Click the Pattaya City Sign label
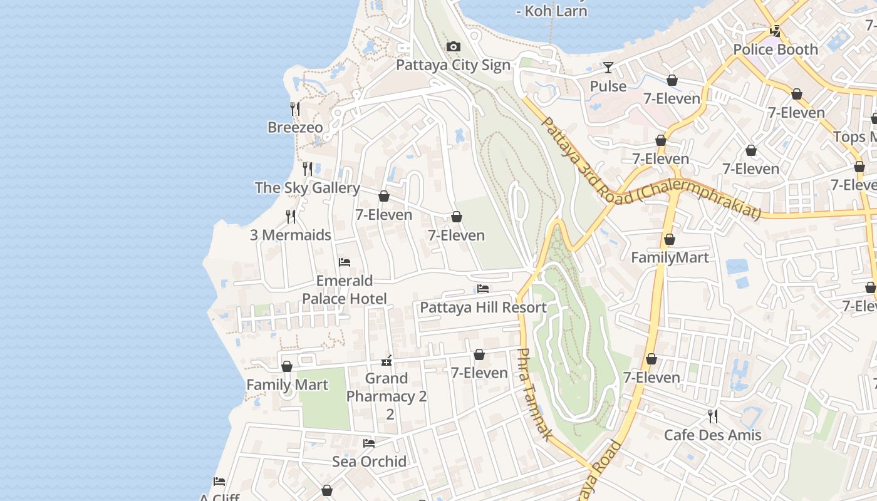(x=453, y=65)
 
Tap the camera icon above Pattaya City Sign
(x=453, y=47)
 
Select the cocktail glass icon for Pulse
(x=608, y=68)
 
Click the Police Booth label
(x=776, y=49)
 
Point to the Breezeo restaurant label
(x=295, y=128)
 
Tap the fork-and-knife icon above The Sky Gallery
(x=308, y=169)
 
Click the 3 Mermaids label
(x=290, y=235)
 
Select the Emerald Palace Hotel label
(x=344, y=289)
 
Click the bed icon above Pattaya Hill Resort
(x=482, y=289)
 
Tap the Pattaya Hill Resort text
(x=483, y=307)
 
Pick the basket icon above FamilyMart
(x=670, y=240)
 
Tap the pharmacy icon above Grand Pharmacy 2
(x=387, y=361)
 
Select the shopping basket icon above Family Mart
(x=287, y=366)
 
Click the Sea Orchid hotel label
(x=369, y=462)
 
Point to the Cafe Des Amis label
(x=712, y=435)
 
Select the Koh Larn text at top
(x=551, y=11)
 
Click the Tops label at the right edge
(x=854, y=137)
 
